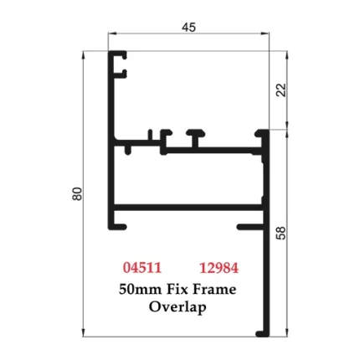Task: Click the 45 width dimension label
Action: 188,27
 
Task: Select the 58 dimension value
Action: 281,232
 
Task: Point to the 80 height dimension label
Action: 76,193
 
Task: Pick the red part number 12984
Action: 219,268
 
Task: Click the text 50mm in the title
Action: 141,289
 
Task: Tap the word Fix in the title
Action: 178,289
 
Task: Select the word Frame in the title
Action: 215,289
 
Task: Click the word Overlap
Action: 177,306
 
